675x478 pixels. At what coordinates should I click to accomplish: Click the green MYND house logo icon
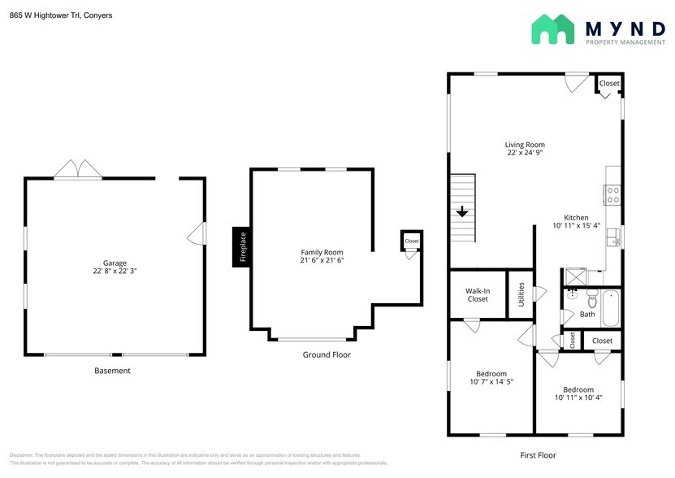pyautogui.click(x=553, y=29)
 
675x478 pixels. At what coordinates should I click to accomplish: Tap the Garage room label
pyautogui.click(x=114, y=263)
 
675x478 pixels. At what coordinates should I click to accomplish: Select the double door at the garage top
pyautogui.click(x=78, y=169)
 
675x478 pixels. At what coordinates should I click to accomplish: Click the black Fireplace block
pyautogui.click(x=241, y=246)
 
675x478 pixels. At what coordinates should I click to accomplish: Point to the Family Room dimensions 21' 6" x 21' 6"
pyautogui.click(x=322, y=261)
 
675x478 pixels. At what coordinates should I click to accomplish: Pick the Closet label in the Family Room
pyautogui.click(x=412, y=241)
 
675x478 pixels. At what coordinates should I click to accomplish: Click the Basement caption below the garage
pyautogui.click(x=112, y=371)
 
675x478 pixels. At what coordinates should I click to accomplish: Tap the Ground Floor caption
pyautogui.click(x=327, y=354)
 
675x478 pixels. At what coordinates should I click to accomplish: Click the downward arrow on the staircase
pyautogui.click(x=462, y=212)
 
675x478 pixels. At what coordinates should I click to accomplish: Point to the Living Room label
pyautogui.click(x=525, y=145)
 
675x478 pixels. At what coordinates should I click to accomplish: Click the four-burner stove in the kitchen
pyautogui.click(x=613, y=194)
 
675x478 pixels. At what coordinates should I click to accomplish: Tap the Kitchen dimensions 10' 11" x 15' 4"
pyautogui.click(x=576, y=225)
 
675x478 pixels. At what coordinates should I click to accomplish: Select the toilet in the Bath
pyautogui.click(x=591, y=298)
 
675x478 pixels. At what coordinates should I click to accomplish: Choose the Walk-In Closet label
pyautogui.click(x=478, y=294)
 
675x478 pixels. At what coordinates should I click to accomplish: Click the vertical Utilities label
pyautogui.click(x=521, y=294)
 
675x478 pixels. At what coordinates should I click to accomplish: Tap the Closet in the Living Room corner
pyautogui.click(x=609, y=84)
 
